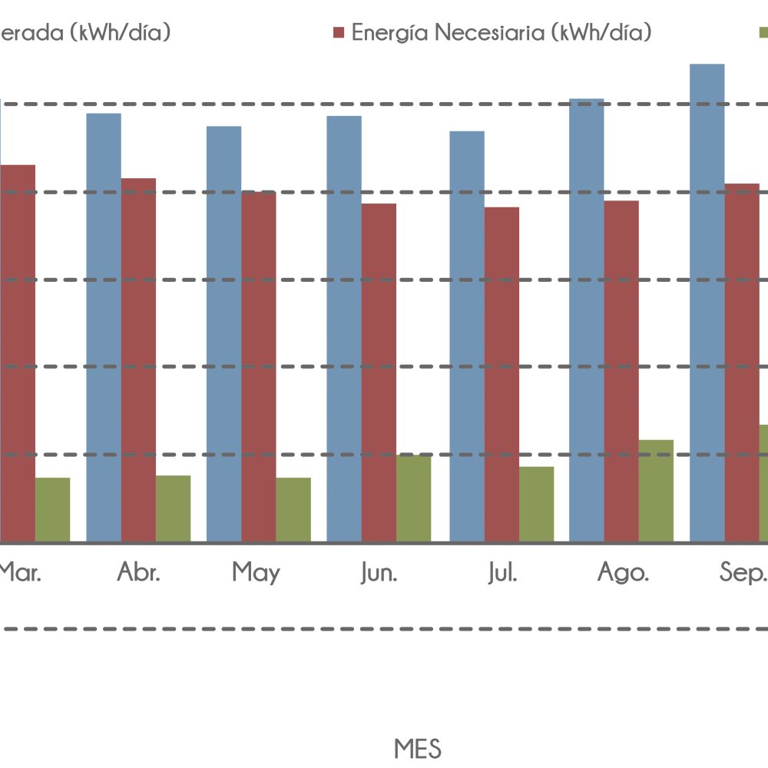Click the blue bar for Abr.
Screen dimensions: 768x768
point(104,327)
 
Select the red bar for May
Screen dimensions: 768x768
point(259,367)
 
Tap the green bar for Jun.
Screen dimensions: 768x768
point(414,498)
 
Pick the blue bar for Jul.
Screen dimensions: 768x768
point(467,336)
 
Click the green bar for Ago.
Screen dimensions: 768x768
point(657,491)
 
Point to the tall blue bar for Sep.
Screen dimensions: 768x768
point(707,303)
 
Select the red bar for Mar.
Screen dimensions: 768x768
point(18,353)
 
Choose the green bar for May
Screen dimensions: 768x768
point(294,509)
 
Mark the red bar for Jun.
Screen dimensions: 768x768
point(379,372)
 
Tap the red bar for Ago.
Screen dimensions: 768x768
point(621,372)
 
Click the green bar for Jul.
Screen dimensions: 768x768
point(537,504)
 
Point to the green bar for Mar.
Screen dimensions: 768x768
point(53,509)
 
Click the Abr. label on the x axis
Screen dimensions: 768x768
point(139,573)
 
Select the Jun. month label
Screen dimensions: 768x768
point(379,573)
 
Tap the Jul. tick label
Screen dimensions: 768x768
point(502,573)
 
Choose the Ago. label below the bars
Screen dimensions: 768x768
point(624,573)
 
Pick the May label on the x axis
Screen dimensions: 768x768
point(256,573)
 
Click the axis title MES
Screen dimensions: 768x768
point(418,748)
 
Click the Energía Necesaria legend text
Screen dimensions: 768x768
point(502,33)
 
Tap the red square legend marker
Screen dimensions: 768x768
point(339,33)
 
